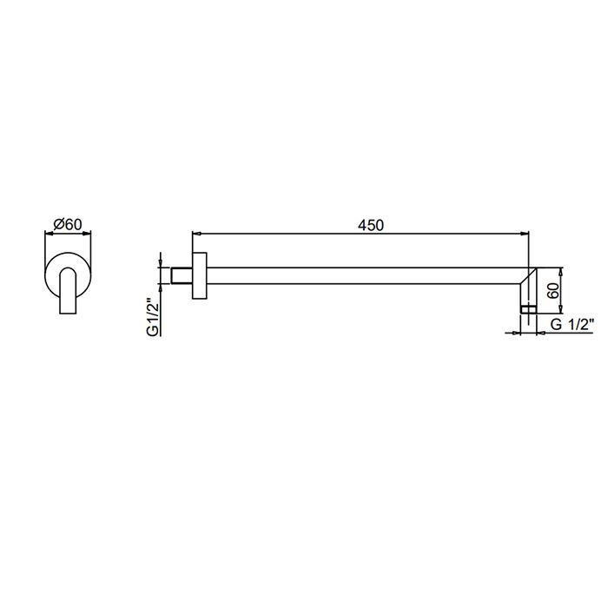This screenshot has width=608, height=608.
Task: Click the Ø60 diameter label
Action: (x=68, y=224)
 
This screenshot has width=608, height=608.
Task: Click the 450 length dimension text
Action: (x=371, y=225)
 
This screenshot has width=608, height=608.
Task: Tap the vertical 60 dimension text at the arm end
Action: (x=553, y=290)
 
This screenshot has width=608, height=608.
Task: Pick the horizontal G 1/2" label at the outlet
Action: (x=572, y=324)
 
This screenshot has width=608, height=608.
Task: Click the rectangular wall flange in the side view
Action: (x=199, y=275)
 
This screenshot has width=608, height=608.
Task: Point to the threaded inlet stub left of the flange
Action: (x=182, y=275)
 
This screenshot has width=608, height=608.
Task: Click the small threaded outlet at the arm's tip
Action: (x=528, y=309)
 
